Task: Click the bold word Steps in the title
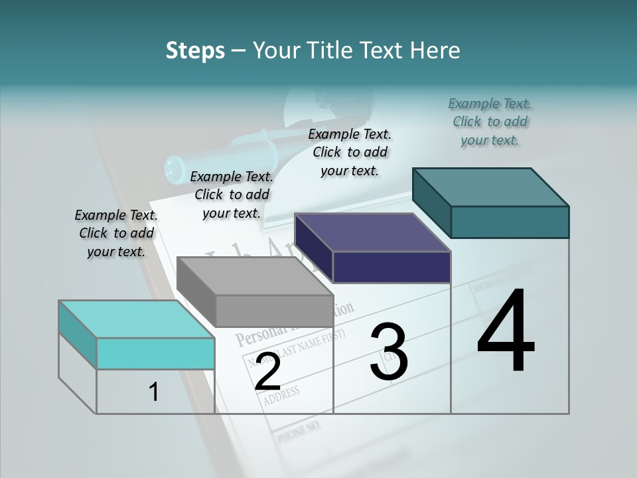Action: click(195, 50)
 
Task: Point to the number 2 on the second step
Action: click(267, 372)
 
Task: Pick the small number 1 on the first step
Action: click(154, 392)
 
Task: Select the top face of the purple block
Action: click(372, 232)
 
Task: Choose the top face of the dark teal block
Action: click(490, 187)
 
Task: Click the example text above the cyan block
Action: click(116, 233)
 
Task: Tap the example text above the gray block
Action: click(232, 195)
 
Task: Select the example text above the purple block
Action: click(350, 152)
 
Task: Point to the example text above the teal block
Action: click(490, 121)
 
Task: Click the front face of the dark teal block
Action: click(510, 222)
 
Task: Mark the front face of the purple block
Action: click(391, 267)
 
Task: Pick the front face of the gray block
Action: click(274, 311)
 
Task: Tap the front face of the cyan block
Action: click(155, 353)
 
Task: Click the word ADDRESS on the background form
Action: click(281, 395)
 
